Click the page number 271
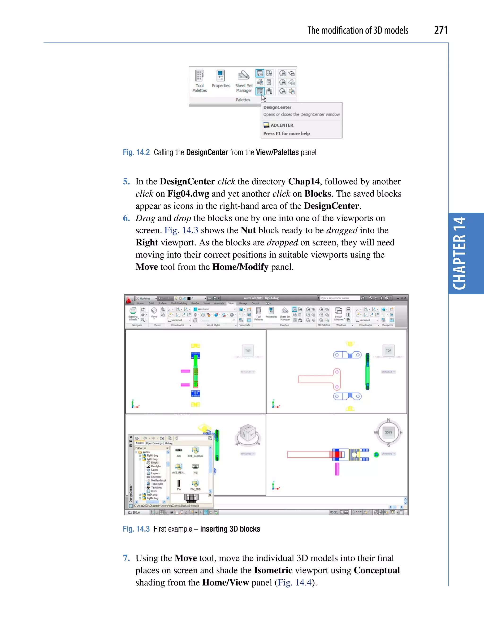click(x=441, y=30)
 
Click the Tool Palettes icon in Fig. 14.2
click(x=199, y=76)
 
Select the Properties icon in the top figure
click(x=221, y=76)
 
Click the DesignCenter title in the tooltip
click(x=277, y=107)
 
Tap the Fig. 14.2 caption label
click(x=136, y=152)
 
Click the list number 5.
click(x=126, y=182)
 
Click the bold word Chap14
click(x=304, y=182)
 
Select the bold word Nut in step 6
click(x=248, y=230)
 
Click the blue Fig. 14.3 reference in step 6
click(x=181, y=230)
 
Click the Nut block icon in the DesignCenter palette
click(x=195, y=467)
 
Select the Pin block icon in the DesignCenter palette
click(x=179, y=483)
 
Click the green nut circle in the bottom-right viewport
click(x=376, y=455)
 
